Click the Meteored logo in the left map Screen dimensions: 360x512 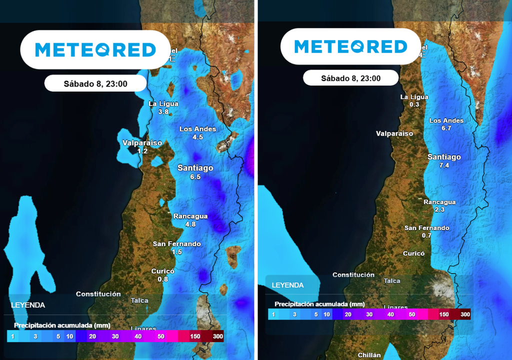(95, 49)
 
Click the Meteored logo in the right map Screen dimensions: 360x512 (350, 46)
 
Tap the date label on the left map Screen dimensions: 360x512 (95, 83)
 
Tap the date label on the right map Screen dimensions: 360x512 (350, 78)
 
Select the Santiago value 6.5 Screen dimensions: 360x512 (195, 177)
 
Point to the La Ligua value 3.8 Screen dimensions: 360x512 (163, 112)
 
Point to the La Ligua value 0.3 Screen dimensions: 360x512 (414, 104)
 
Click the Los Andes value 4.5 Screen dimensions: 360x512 (197, 137)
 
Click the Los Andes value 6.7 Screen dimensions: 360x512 (446, 128)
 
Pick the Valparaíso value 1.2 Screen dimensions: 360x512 (142, 151)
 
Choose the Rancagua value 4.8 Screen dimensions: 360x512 (190, 224)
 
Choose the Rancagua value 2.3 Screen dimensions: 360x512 (439, 210)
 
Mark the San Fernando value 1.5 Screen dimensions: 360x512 (177, 252)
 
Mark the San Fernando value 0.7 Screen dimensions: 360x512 (426, 235)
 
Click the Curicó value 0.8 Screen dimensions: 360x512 (163, 279)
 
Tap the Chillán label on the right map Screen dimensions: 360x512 (369, 355)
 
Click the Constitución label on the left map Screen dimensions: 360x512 (98, 294)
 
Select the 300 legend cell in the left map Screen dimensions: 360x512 (217, 336)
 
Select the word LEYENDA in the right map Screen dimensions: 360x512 (287, 285)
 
